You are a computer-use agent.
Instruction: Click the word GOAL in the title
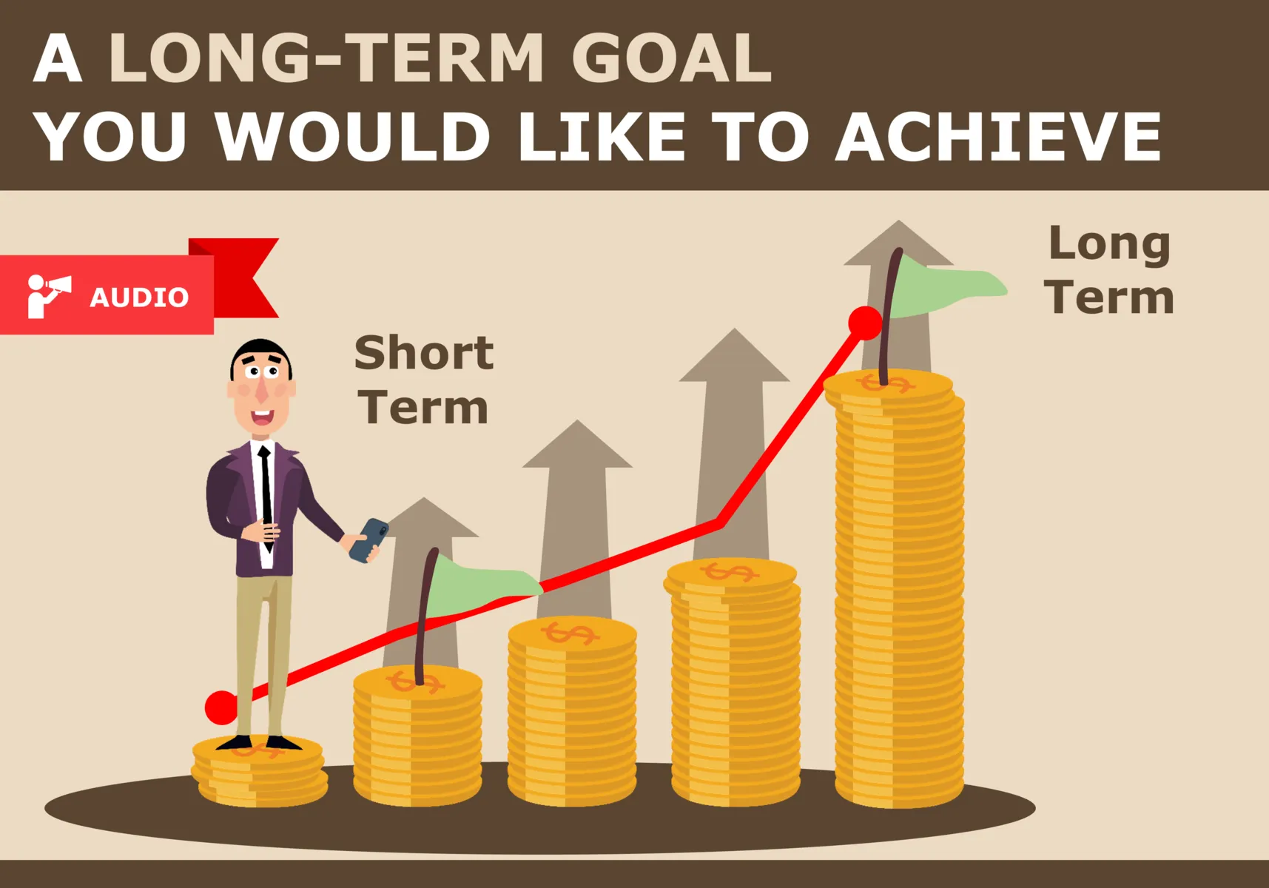point(671,59)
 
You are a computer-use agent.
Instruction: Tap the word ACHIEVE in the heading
point(998,137)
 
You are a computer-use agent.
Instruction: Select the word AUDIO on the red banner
point(139,297)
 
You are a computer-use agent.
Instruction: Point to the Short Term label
point(423,380)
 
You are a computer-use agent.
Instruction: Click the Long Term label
point(1109,270)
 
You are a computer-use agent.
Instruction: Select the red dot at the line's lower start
point(221,707)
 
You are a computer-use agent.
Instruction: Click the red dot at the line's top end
point(864,323)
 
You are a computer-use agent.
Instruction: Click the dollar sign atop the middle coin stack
point(570,633)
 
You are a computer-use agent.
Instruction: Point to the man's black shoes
point(259,742)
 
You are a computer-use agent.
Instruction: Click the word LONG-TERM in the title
point(326,59)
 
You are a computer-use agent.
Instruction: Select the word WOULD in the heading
point(353,137)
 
